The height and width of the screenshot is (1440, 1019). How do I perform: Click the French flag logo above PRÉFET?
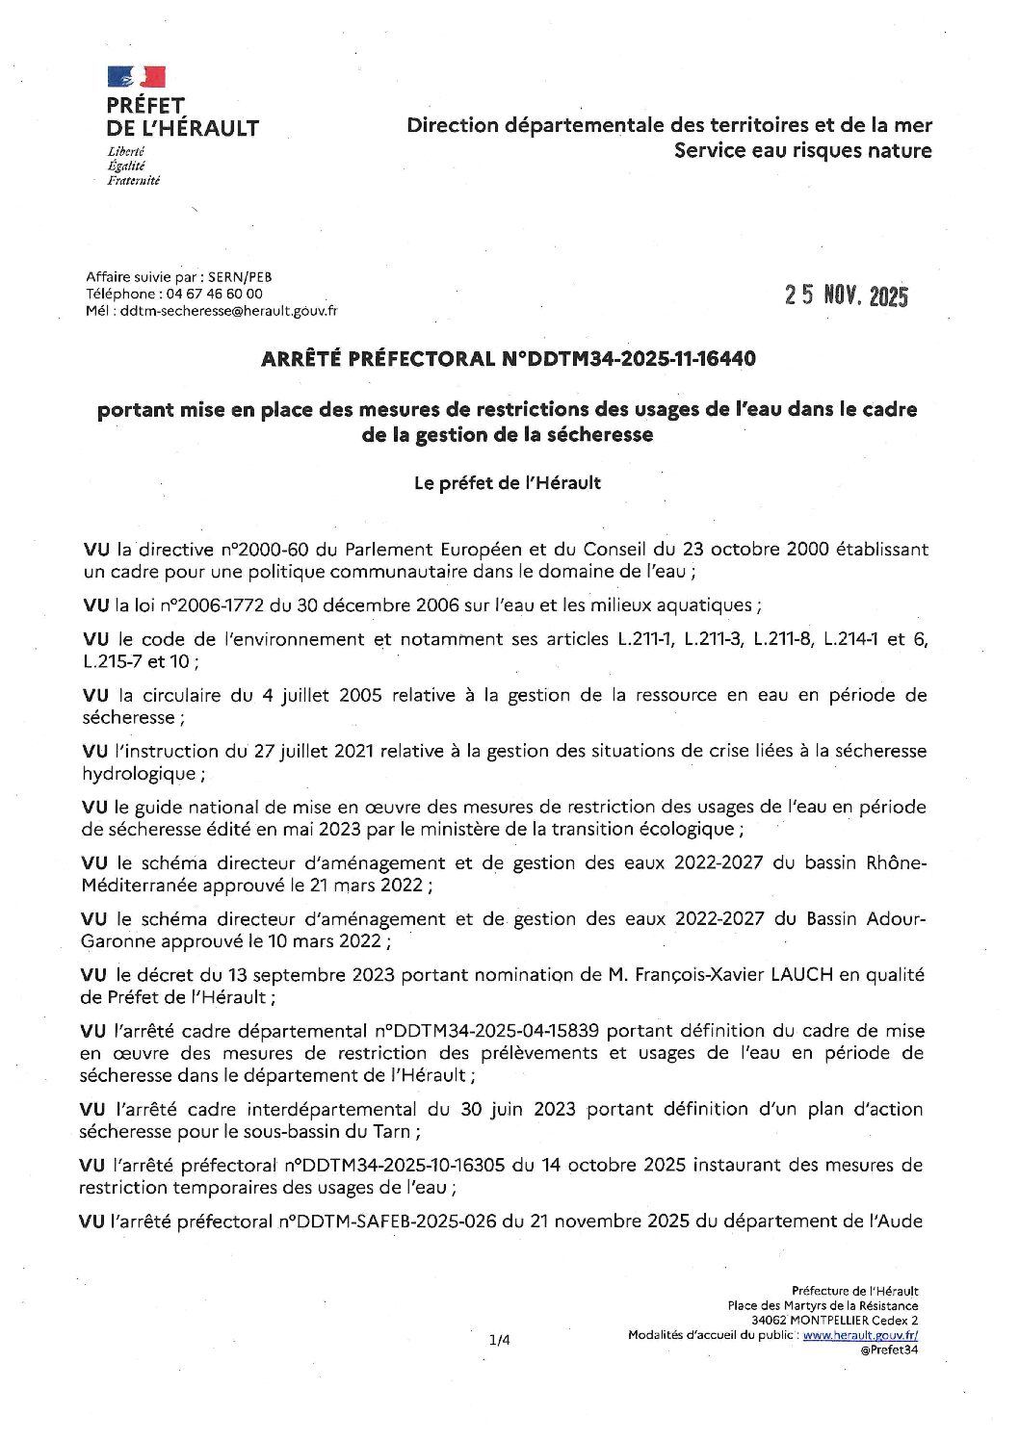pos(136,76)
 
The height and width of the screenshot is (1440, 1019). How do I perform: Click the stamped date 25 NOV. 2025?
pos(847,296)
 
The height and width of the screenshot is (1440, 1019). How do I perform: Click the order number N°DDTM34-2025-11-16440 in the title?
pos(629,359)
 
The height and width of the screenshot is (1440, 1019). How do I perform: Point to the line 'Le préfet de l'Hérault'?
pos(508,483)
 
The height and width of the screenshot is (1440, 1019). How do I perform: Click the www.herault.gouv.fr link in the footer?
pos(860,1335)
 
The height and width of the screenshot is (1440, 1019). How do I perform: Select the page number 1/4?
pos(499,1339)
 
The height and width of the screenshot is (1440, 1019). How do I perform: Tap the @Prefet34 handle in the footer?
pos(892,1350)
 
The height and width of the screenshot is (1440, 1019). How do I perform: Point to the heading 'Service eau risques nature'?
pos(803,151)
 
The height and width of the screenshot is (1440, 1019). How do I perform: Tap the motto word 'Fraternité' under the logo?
pos(134,181)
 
